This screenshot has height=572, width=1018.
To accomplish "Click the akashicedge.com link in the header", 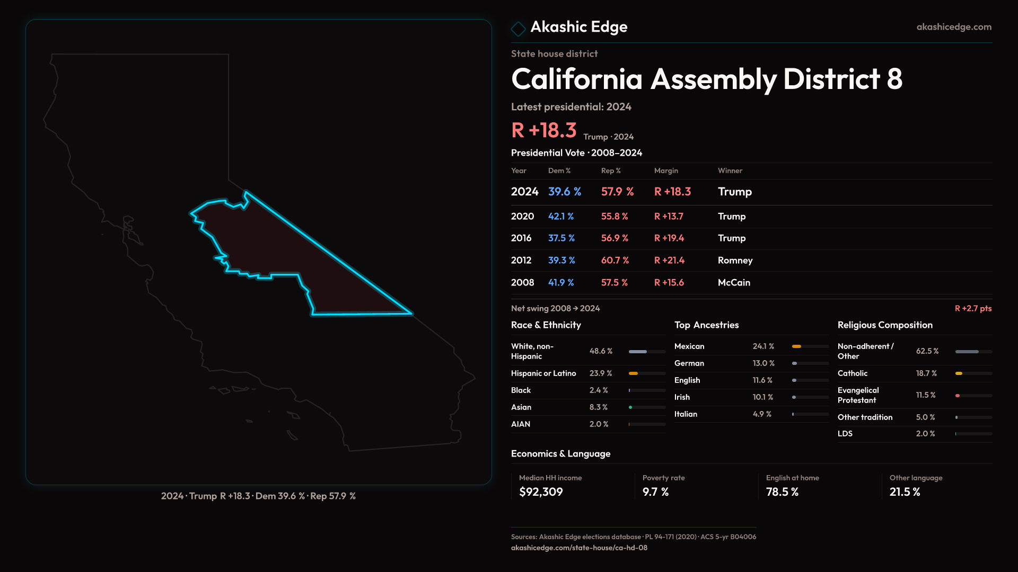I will (954, 27).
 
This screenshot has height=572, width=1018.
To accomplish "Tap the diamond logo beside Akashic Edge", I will (518, 29).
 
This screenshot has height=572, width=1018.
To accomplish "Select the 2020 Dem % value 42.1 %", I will (561, 217).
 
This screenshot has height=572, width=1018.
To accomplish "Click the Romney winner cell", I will (735, 261).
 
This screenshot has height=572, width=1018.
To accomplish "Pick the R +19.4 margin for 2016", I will (669, 238).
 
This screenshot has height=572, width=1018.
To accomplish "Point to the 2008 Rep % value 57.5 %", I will (615, 283).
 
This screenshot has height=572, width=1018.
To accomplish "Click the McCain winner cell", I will (734, 283).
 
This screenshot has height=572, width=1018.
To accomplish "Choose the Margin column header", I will (666, 171).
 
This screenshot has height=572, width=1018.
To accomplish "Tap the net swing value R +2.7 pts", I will (973, 308).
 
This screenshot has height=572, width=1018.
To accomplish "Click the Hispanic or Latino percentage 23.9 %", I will (601, 373).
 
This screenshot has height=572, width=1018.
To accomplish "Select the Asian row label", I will (521, 407).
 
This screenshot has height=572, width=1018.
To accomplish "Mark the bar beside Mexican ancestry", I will (810, 346).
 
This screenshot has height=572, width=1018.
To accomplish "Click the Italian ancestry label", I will (686, 414).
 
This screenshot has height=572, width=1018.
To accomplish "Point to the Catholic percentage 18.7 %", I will (926, 373).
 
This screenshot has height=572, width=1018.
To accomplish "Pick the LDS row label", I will (845, 434).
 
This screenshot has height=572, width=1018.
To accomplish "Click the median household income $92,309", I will (541, 492).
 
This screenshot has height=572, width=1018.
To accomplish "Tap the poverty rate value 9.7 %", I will (655, 492).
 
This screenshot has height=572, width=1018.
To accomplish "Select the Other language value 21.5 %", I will (905, 492).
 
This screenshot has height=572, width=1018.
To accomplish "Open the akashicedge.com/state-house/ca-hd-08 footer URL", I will (579, 548).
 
